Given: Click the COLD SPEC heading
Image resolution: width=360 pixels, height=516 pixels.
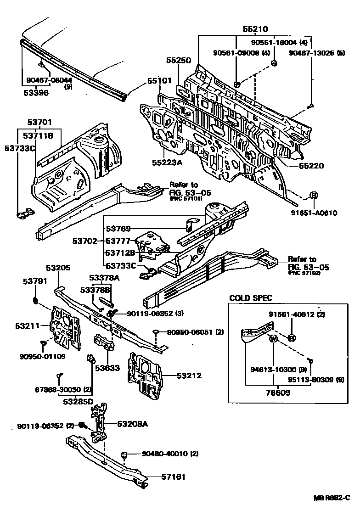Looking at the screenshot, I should point(251,298).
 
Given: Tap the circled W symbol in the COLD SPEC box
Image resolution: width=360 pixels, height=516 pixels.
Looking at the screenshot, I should point(272,339).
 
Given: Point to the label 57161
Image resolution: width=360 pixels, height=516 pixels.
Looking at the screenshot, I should point(173,477).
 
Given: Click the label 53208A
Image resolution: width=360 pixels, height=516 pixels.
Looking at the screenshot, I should point(132,424).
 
